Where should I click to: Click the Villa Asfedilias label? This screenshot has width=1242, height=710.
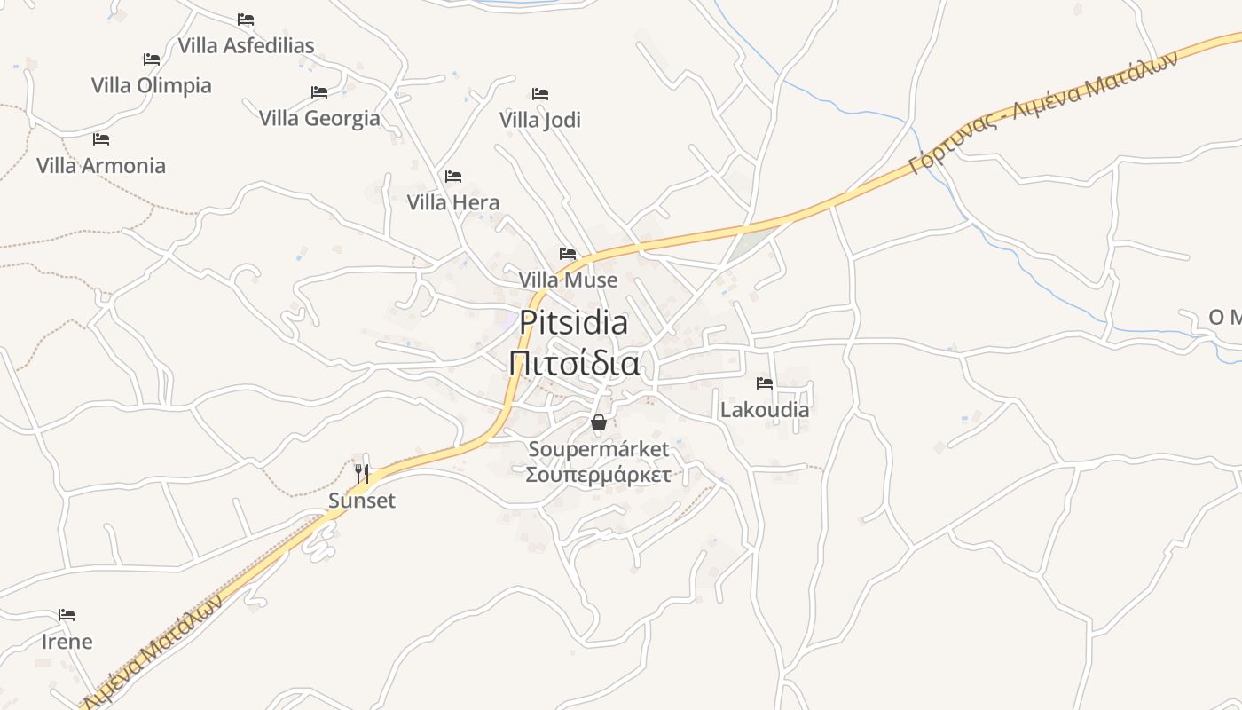[246, 45]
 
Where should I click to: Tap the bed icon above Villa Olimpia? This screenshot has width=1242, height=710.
[152, 59]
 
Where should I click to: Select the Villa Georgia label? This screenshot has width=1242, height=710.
[319, 118]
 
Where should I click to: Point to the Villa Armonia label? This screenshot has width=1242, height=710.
[101, 165]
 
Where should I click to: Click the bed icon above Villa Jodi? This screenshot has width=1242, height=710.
[540, 94]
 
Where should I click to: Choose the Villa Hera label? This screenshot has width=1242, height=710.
[453, 202]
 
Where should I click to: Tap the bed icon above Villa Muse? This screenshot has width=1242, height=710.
[568, 254]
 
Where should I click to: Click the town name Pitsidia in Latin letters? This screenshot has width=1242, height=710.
[574, 322]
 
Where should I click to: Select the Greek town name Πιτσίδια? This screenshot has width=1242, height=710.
[574, 363]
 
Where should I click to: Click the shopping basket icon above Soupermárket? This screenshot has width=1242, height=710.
[599, 422]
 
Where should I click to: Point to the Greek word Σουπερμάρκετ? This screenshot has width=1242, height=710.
[598, 474]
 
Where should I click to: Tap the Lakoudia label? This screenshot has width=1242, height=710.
[765, 410]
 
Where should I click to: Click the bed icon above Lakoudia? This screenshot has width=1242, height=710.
[765, 383]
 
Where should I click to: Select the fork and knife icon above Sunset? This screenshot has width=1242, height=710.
[362, 474]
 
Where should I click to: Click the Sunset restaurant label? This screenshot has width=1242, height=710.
[362, 501]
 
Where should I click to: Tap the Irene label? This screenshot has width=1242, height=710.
[67, 641]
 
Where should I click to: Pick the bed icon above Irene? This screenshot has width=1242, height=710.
[67, 614]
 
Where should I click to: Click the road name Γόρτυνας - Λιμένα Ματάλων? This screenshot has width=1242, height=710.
[1043, 111]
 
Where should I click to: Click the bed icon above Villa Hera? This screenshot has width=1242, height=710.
[453, 177]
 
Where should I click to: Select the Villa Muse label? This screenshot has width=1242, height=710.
[568, 280]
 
